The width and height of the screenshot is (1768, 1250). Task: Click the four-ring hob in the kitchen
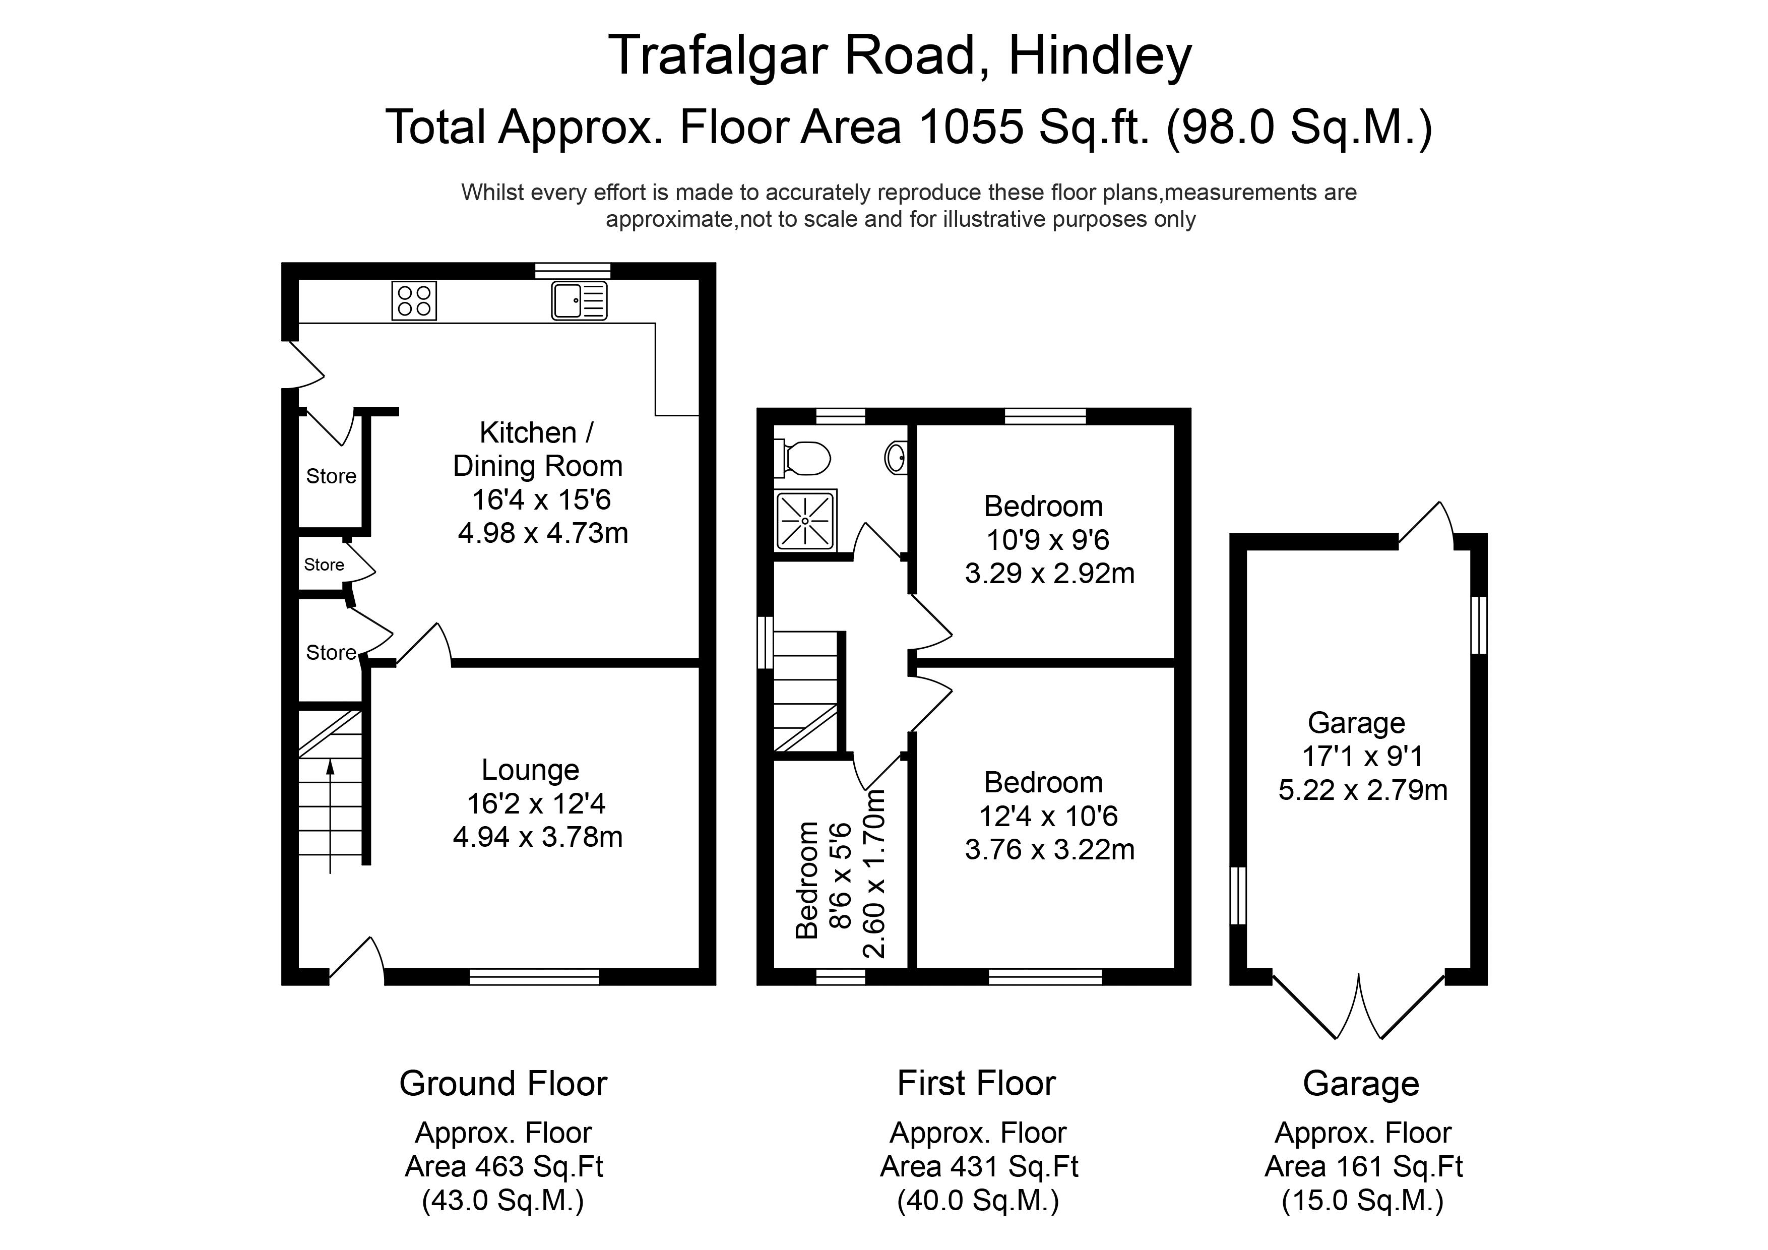coord(414,300)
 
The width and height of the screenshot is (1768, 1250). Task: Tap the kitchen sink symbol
coord(579,300)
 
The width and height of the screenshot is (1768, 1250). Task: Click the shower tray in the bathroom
coord(805,521)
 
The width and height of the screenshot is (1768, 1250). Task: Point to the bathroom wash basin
coord(896,458)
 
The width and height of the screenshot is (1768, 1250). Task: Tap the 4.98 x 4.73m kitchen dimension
coord(543,533)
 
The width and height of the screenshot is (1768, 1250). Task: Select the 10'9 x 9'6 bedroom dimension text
coord(1047,540)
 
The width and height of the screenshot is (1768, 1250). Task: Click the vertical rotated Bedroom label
coord(806,881)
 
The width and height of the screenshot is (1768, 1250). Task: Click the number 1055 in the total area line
coord(971,127)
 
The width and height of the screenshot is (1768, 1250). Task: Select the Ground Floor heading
coord(503,1084)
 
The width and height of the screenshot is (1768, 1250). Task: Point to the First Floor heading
coord(976,1084)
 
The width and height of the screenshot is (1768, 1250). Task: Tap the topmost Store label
coord(331,476)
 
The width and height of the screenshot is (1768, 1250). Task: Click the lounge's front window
coord(534,977)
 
